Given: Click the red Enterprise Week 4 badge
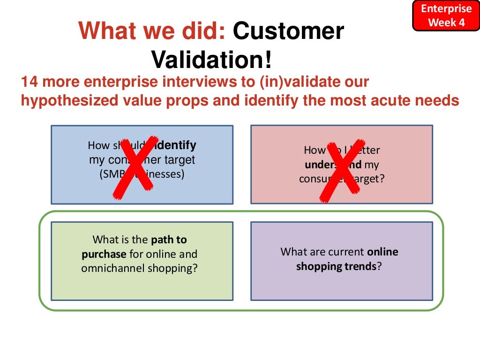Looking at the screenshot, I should click(446, 15).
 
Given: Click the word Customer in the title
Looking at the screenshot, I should click(288, 31).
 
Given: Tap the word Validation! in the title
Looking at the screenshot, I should click(211, 60).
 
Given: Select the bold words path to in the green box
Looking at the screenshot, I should click(169, 240).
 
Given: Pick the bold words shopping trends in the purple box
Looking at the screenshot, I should click(336, 266).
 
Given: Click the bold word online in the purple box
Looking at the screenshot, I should click(382, 252).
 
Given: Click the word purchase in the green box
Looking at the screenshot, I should click(104, 254).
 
